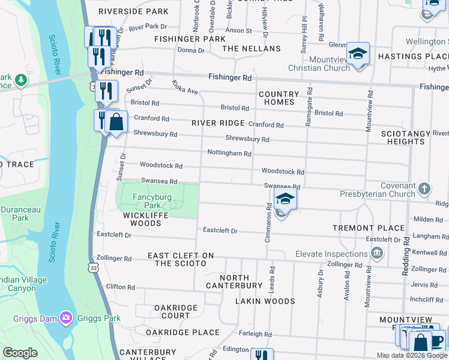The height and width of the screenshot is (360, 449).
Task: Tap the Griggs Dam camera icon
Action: (x=66, y=316)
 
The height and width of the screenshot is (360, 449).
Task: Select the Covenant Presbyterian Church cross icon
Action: (x=424, y=189)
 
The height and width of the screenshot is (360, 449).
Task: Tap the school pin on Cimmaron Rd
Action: (x=285, y=199)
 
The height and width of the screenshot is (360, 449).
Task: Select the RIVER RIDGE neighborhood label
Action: (x=218, y=123)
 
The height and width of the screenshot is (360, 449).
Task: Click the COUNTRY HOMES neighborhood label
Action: (x=279, y=98)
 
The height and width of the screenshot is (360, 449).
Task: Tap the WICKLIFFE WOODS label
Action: (x=142, y=219)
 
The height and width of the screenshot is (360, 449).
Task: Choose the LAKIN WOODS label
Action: (x=265, y=301)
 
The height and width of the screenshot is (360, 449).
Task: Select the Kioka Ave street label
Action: (x=185, y=87)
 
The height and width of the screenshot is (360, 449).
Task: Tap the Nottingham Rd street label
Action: (x=229, y=154)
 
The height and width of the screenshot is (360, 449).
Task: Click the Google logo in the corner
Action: (x=20, y=353)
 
